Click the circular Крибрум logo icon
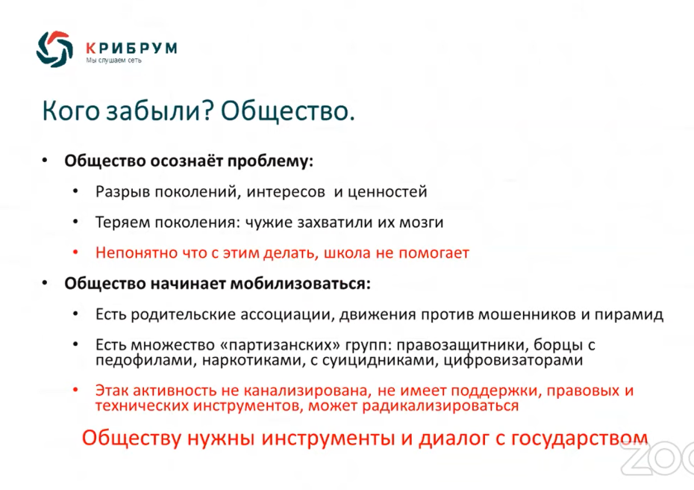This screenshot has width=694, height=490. [x=54, y=49]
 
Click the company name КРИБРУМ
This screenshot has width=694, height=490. [x=131, y=47]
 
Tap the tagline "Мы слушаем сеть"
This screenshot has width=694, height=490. [x=113, y=61]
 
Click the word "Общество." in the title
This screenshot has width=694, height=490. [x=288, y=111]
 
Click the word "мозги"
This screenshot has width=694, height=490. [x=422, y=223]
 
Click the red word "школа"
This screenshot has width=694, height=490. [x=347, y=253]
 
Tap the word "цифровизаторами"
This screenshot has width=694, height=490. [x=513, y=360]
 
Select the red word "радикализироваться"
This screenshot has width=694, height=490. [x=440, y=406]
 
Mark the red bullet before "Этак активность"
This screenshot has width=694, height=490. [x=75, y=390]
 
